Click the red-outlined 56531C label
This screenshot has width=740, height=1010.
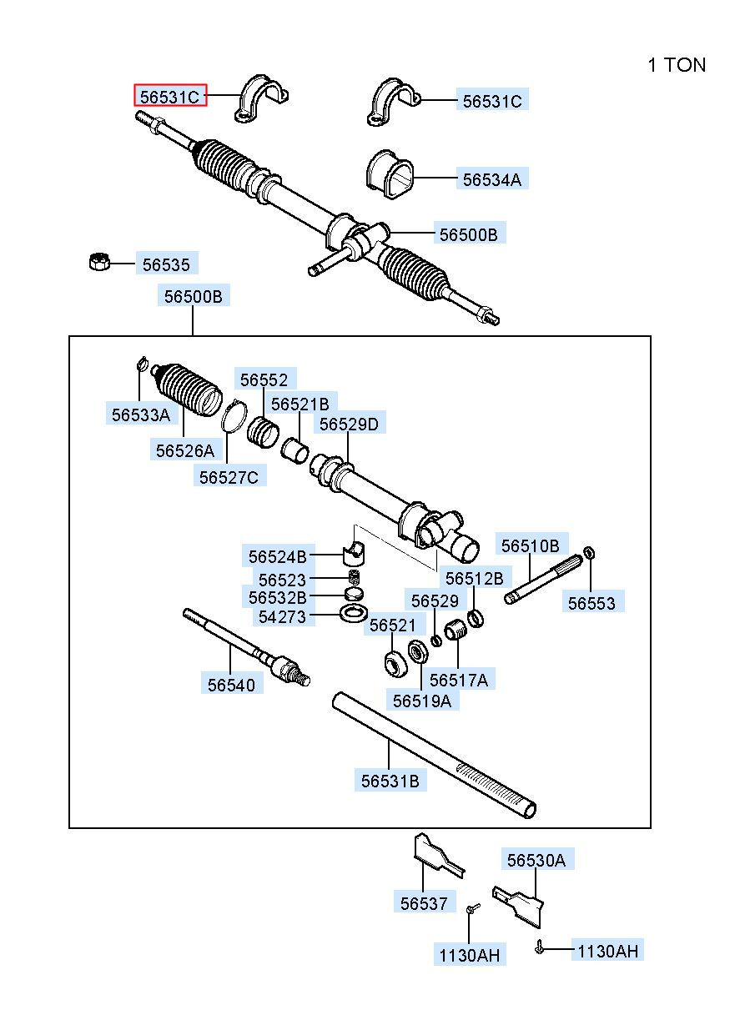170,97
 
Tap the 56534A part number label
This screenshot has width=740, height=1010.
492,178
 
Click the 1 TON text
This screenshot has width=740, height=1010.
676,65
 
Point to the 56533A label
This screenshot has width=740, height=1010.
140,414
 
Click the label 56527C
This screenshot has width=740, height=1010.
228,477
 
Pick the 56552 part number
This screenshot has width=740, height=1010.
264,380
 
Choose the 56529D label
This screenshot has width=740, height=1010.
349,425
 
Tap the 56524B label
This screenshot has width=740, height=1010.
278,556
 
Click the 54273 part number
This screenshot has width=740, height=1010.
282,616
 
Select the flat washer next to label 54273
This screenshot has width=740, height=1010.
355,615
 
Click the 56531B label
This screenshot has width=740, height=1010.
390,781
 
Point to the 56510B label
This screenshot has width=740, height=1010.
530,545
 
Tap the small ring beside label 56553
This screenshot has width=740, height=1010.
590,552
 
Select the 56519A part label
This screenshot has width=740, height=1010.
421,701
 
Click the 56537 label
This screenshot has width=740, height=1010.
424,903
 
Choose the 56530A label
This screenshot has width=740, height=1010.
536,860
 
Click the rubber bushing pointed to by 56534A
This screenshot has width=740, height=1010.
390,175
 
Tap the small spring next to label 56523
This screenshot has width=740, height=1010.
354,578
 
